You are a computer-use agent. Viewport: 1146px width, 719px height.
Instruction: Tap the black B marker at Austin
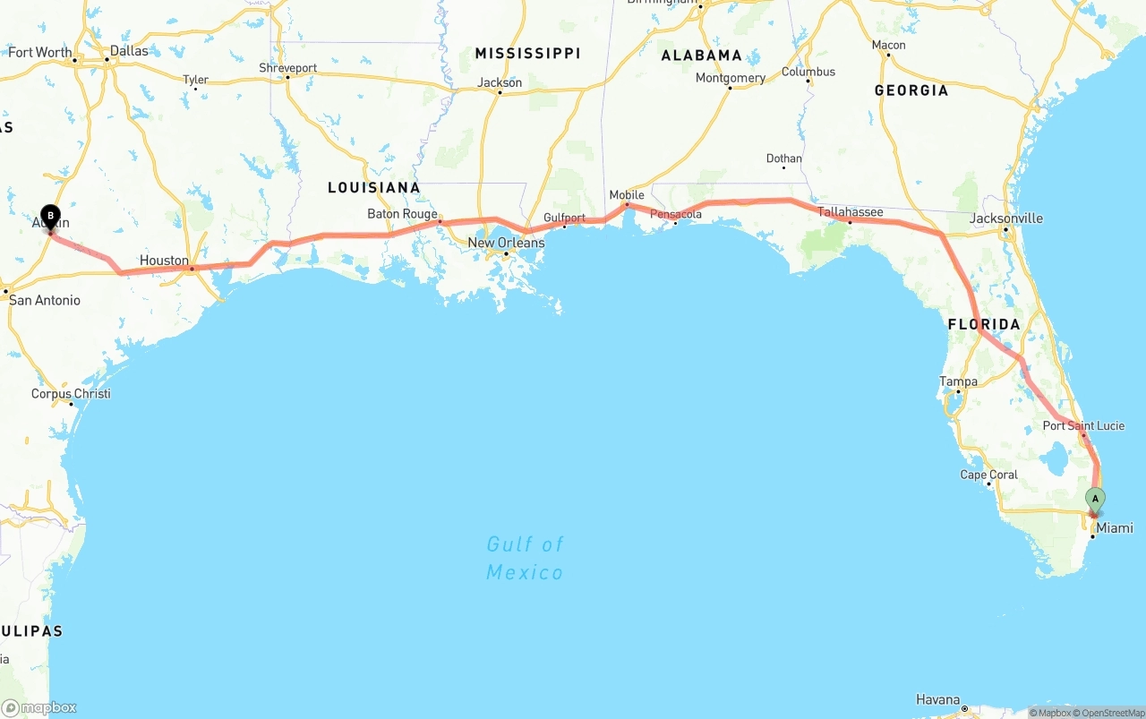coord(51,216)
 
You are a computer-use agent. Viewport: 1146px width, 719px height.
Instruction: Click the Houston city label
coord(164,261)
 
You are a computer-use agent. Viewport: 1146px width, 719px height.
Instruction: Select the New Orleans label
coord(506,243)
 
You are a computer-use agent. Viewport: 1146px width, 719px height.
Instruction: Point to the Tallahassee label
coord(851,212)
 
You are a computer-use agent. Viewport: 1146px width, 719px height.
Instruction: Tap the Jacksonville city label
coord(1006,218)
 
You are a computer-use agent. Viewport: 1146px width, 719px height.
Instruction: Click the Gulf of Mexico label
coord(526,558)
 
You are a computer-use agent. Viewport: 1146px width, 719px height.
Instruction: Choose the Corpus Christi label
coord(71,394)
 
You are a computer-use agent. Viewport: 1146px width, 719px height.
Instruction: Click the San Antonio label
coord(45,300)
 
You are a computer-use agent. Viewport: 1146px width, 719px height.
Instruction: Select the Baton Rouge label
coord(402,214)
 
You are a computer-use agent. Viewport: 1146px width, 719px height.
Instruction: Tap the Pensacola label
coord(676,214)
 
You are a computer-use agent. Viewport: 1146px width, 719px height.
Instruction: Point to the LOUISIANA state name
coord(373,187)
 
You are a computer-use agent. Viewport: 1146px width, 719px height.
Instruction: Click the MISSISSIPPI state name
coord(527,54)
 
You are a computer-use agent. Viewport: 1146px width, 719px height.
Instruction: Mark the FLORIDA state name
coord(984,324)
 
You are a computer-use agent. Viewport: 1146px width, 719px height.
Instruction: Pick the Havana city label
coord(937,699)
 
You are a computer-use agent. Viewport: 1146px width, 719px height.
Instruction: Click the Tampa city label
coord(958,381)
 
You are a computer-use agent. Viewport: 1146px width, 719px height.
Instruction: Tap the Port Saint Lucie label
coord(1083,425)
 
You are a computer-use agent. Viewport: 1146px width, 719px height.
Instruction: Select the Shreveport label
coord(288,68)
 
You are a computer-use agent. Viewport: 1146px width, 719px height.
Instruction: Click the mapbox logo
coord(39,707)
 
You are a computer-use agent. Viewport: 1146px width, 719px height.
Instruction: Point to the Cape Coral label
coord(988,475)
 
